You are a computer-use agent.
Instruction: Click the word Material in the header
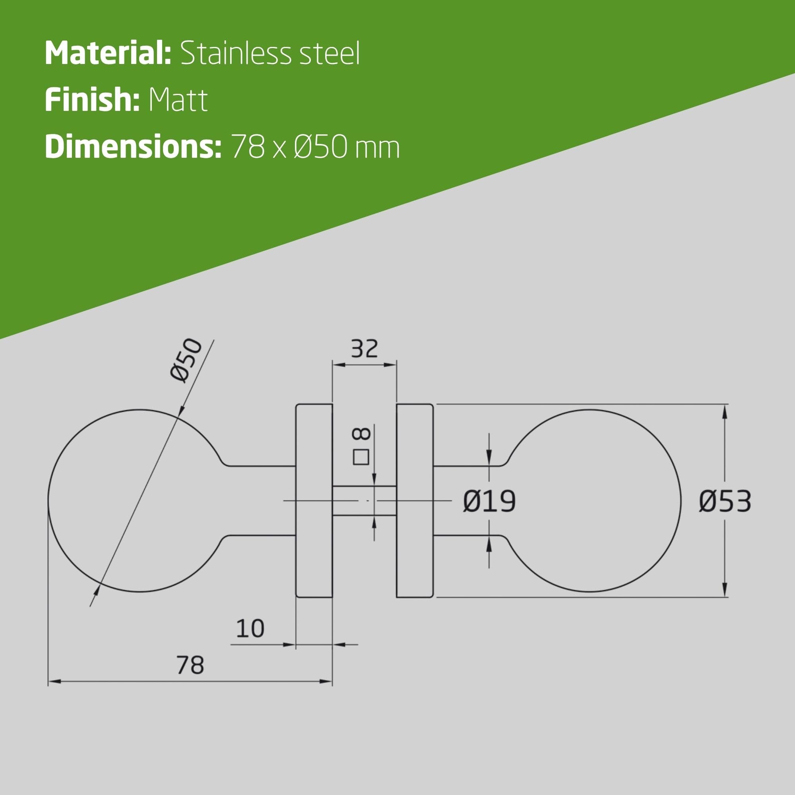click(x=108, y=53)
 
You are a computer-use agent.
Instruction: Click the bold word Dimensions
click(x=133, y=147)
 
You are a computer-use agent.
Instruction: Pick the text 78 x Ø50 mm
click(x=316, y=147)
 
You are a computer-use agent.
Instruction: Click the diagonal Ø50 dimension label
click(x=186, y=361)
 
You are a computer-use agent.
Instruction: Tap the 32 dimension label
click(x=364, y=349)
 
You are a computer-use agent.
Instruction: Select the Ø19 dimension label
click(x=489, y=502)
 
